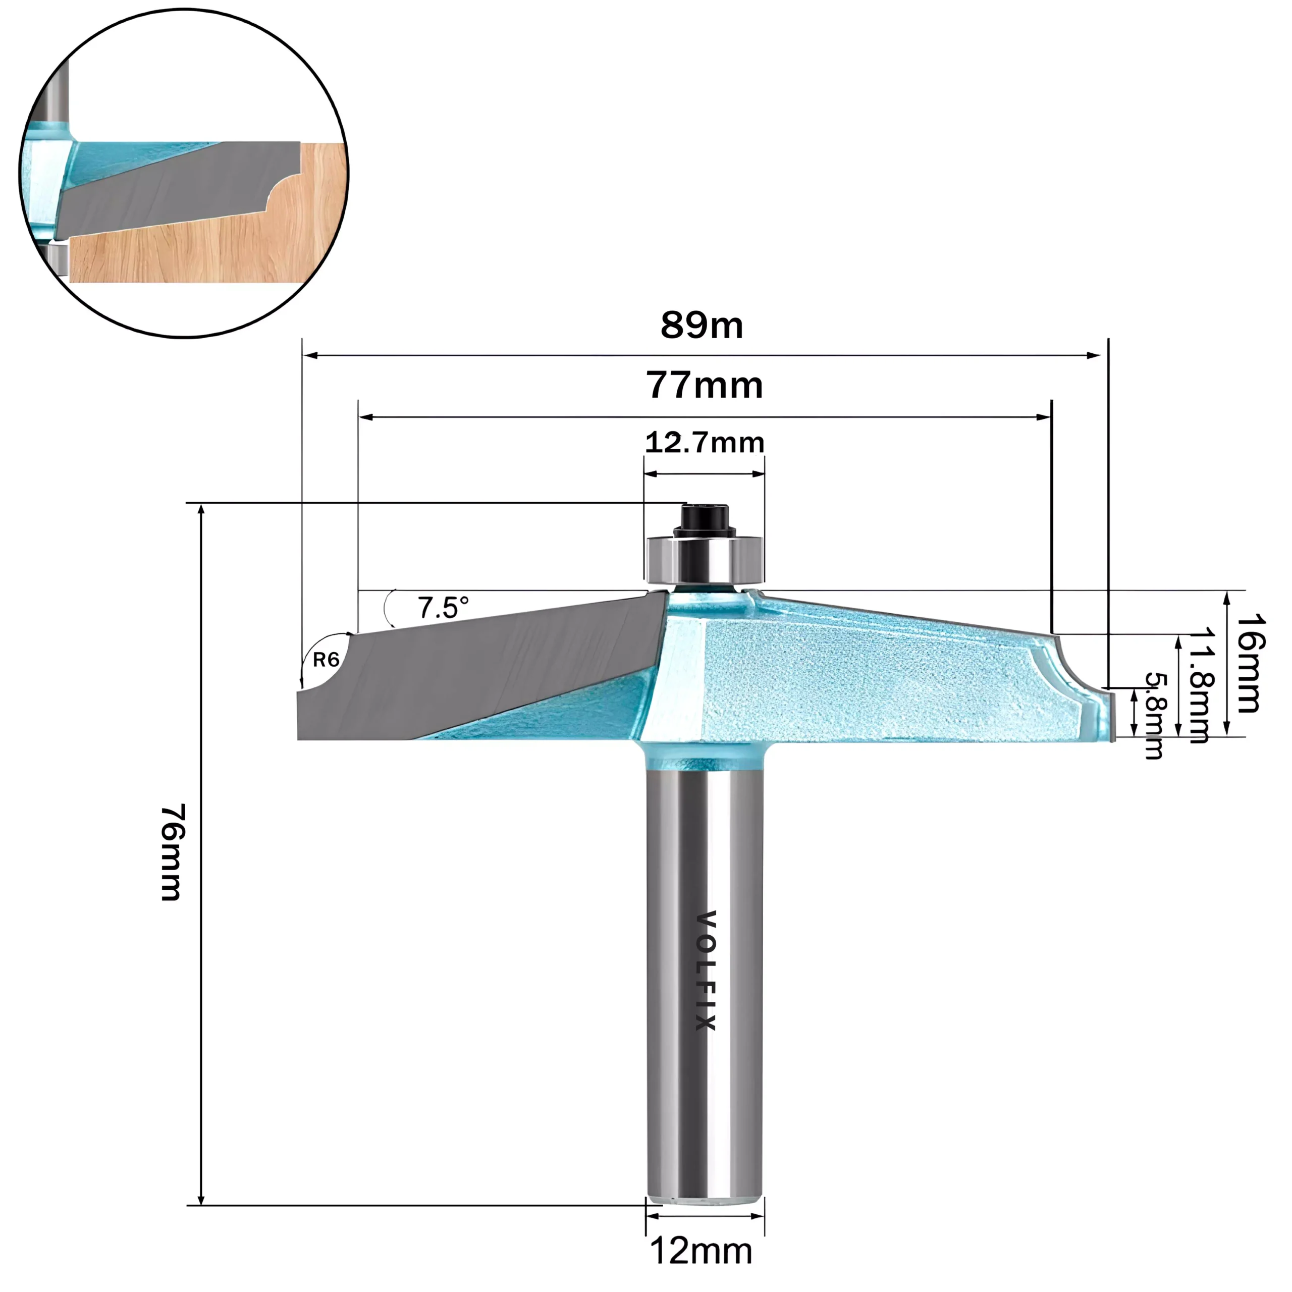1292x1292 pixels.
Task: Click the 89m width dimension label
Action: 702,326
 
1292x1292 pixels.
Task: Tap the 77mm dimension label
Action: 704,386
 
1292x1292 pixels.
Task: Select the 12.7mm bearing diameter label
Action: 704,443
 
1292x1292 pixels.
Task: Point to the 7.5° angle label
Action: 443,608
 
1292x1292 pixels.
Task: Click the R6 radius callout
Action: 327,660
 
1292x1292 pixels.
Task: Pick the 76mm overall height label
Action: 172,852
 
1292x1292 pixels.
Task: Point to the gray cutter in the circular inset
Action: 174,191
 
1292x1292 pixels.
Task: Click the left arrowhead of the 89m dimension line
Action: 309,356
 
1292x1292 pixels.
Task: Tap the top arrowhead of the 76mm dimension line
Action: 201,512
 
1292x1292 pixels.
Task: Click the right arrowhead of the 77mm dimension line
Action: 1043,417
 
